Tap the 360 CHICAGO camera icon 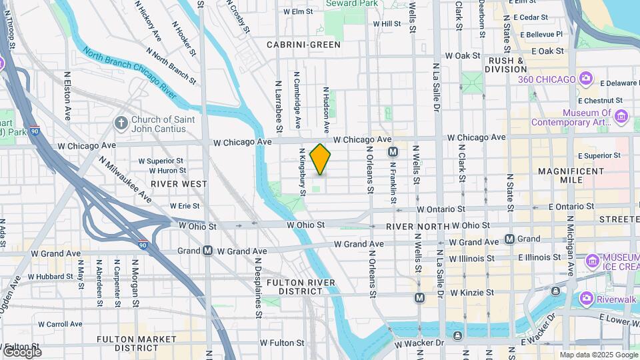pyautogui.click(x=586, y=79)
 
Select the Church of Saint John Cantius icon pyautogui.click(x=121, y=123)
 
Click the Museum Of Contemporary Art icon pyautogui.click(x=622, y=117)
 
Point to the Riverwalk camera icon pyautogui.click(x=586, y=298)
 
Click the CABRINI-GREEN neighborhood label pyautogui.click(x=303, y=45)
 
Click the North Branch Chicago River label pyautogui.click(x=129, y=73)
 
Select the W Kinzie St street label pyautogui.click(x=471, y=293)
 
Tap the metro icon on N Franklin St pyautogui.click(x=393, y=152)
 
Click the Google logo pyautogui.click(x=21, y=351)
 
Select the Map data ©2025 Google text pyautogui.click(x=598, y=355)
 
